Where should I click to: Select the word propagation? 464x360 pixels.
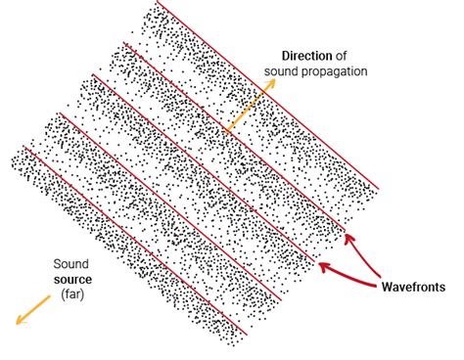pyautogui.click(x=335, y=71)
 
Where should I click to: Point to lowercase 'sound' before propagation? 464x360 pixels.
pyautogui.click(x=284, y=71)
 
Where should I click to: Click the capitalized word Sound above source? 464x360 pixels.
pyautogui.click(x=70, y=264)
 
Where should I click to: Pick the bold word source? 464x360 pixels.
pyautogui.click(x=71, y=279)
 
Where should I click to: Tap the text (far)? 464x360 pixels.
pyautogui.click(x=70, y=293)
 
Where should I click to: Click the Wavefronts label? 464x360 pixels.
pyautogui.click(x=413, y=287)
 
